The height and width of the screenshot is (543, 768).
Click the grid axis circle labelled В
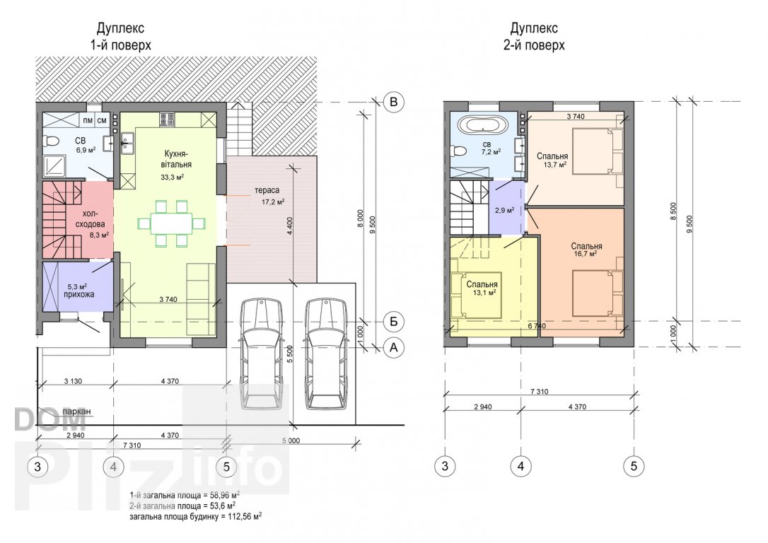coord(393,103)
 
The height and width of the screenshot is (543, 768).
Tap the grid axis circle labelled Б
coord(393,322)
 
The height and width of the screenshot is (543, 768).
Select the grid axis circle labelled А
coord(393,348)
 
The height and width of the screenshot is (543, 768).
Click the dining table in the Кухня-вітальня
coord(171,223)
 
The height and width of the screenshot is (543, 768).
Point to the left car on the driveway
coord(262,353)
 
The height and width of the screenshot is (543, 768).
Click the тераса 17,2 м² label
coord(269,195)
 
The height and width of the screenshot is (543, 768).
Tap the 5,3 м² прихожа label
coord(78,291)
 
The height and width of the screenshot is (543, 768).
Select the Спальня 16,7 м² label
coord(586,250)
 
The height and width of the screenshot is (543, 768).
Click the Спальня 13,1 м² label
coord(482,288)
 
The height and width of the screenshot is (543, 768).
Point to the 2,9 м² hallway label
coord(504,211)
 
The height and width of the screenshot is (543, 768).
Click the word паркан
coord(76,411)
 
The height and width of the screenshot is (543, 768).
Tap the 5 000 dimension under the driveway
coord(291,440)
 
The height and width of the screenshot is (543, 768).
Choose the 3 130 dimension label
coord(73,381)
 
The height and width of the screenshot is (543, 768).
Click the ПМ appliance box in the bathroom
coord(88,120)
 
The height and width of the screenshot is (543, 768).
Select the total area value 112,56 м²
coord(241,516)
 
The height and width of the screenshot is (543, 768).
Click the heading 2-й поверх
coord(534,45)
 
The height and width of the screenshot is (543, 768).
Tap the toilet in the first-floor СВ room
coord(50,141)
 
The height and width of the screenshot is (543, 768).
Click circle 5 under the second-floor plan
coord(634,466)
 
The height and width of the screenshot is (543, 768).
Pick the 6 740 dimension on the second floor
coord(537,326)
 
